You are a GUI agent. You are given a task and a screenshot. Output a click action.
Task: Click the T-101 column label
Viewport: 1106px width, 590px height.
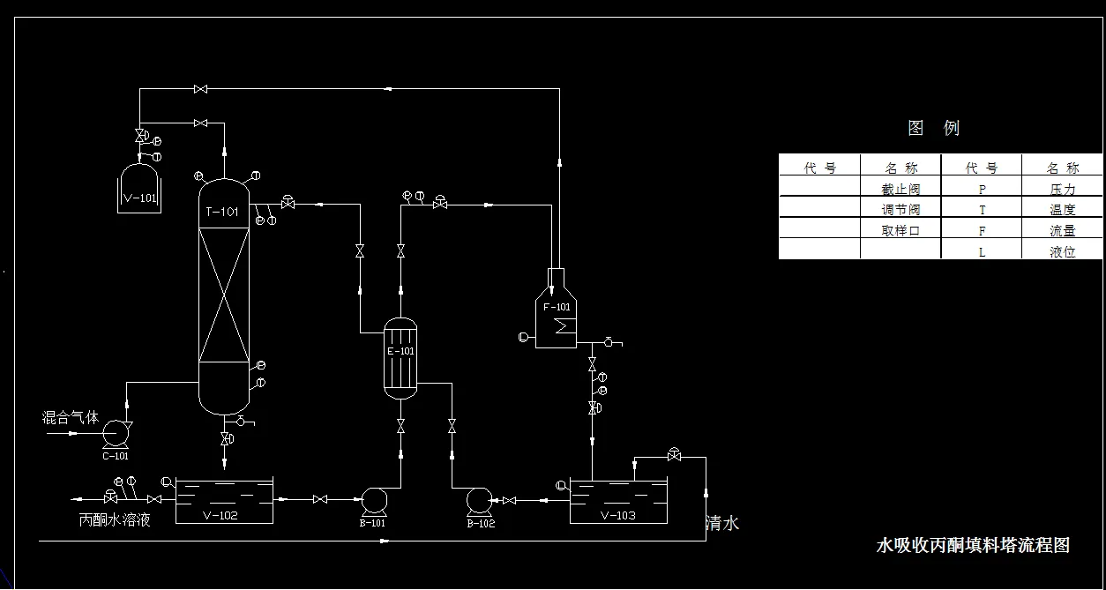pos(222,212)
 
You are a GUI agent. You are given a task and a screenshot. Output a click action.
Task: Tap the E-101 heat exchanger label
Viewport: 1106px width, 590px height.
pos(400,351)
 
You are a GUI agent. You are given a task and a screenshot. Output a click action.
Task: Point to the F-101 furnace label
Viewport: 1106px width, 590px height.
pos(557,307)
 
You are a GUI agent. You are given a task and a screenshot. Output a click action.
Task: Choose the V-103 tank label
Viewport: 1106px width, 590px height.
pos(617,516)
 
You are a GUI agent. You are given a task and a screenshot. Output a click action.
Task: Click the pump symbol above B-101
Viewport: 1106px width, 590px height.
pos(373,501)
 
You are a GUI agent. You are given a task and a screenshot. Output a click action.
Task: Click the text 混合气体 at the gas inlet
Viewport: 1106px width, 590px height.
pos(71,417)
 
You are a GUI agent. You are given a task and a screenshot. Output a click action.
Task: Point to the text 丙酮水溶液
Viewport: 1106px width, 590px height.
pos(115,519)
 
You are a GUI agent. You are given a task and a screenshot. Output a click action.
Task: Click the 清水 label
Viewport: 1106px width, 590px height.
pos(722,524)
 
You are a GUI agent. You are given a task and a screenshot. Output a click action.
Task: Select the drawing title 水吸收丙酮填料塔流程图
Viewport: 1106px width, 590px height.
pos(972,545)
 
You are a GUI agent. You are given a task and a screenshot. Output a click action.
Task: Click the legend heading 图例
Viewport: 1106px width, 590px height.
pos(933,128)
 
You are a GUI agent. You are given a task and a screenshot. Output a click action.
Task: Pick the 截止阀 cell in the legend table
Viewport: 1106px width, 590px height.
pos(900,189)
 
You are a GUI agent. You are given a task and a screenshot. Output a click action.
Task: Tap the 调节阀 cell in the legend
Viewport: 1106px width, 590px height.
pos(900,210)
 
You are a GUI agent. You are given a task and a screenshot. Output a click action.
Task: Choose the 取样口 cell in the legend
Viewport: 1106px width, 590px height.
pos(900,231)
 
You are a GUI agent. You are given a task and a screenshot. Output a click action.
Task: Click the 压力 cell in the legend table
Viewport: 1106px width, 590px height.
pos(1062,189)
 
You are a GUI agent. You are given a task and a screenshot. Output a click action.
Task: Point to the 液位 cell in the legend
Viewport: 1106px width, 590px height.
pos(1062,251)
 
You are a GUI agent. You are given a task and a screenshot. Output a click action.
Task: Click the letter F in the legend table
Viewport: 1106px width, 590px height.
pos(982,231)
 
